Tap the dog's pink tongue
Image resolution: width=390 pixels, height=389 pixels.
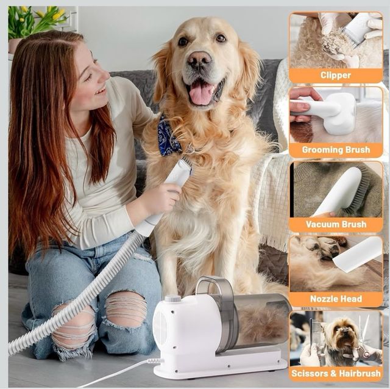202,92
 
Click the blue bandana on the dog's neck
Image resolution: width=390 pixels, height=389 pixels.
169,136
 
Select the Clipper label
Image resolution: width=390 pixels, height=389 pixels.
336,75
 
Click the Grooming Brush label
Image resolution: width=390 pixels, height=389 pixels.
336,150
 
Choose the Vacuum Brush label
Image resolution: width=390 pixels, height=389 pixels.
336,224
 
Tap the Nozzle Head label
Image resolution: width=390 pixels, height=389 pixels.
336,299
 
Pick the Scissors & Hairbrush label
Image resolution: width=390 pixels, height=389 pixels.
336,373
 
